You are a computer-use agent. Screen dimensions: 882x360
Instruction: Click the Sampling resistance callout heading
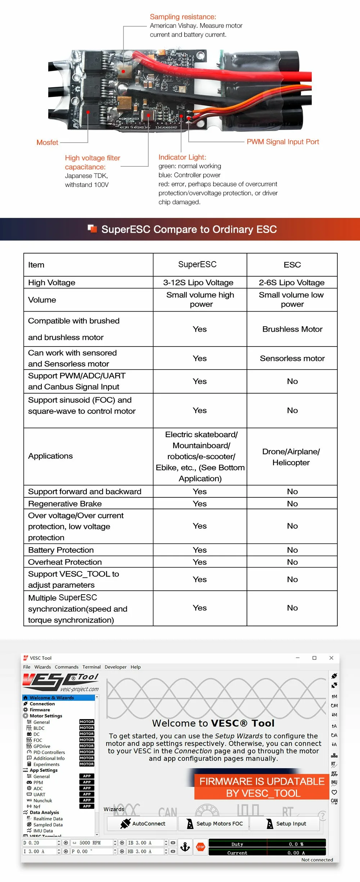(183, 17)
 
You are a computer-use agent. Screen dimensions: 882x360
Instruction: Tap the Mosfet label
(47, 143)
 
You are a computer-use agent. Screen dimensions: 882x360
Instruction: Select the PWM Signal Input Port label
(283, 142)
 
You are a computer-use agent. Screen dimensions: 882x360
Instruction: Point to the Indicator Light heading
(182, 157)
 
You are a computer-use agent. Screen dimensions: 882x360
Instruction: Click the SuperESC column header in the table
(197, 265)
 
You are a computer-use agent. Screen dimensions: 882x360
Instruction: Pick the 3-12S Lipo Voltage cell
(198, 283)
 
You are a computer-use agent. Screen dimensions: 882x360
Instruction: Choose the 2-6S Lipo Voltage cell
(292, 283)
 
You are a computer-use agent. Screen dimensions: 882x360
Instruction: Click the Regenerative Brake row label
(65, 503)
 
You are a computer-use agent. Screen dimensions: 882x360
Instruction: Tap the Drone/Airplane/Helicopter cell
(291, 457)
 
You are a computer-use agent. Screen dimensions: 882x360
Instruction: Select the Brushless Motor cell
(292, 329)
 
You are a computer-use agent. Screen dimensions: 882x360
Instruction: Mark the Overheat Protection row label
(65, 562)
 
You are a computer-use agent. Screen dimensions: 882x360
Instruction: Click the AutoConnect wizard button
(143, 824)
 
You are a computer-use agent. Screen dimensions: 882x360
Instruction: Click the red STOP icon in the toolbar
(201, 847)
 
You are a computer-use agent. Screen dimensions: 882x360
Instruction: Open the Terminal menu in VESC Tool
(91, 667)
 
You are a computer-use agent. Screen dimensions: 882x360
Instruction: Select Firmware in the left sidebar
(40, 710)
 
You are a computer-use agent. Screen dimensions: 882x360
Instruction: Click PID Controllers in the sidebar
(49, 752)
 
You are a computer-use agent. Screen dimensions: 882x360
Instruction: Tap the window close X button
(331, 658)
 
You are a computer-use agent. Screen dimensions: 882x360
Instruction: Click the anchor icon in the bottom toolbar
(185, 847)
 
